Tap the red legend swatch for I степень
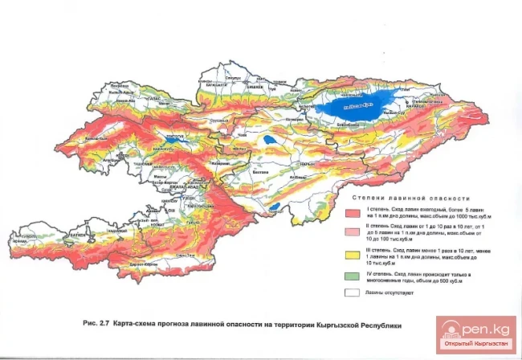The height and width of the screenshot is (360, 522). pos(352,213)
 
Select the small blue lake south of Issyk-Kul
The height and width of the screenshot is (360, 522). pos(274,207)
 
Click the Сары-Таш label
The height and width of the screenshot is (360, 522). pos(186,255)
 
